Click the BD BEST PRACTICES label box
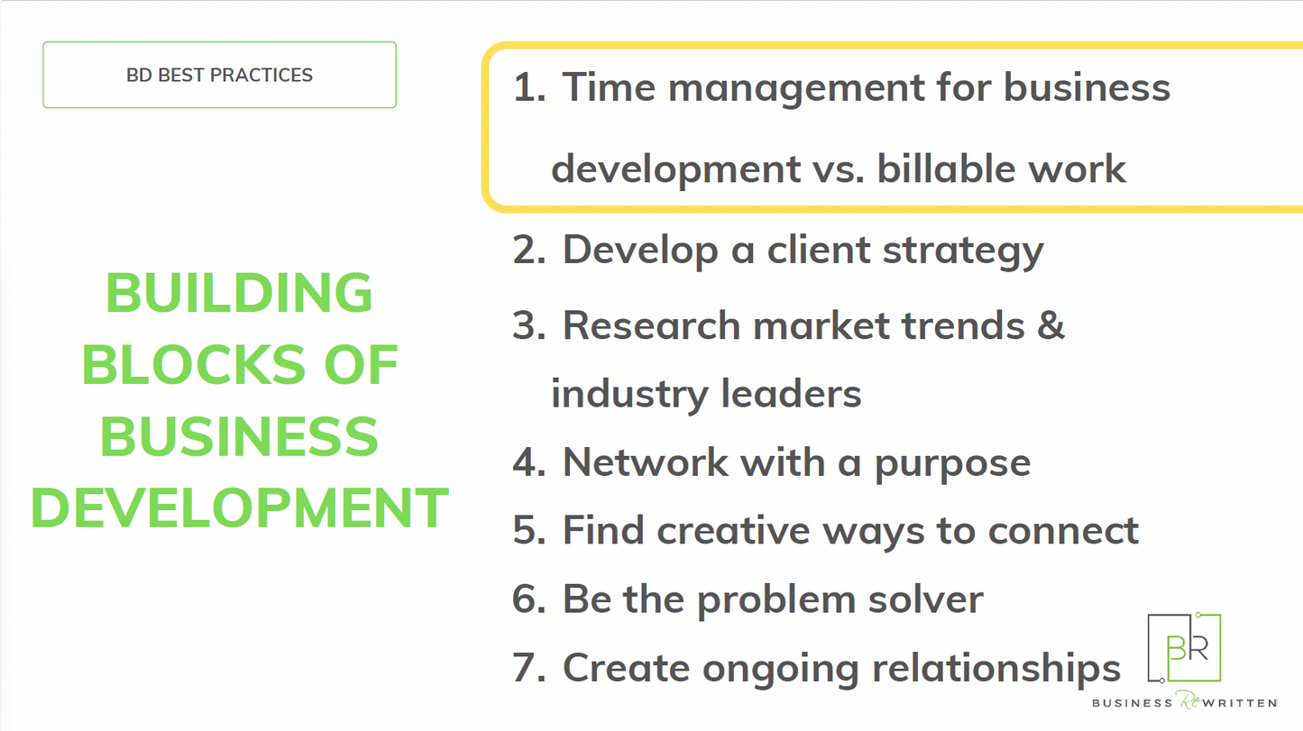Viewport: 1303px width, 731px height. click(219, 75)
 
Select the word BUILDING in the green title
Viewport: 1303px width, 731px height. click(239, 293)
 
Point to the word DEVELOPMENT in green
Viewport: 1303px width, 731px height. click(240, 507)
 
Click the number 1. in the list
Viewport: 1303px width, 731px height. click(529, 88)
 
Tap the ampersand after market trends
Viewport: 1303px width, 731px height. click(1051, 324)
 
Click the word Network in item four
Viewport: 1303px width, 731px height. click(645, 462)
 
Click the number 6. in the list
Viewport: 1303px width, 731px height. click(529, 599)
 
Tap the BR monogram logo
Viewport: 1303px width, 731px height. click(1185, 647)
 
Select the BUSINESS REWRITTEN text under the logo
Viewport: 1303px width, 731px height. click(1184, 702)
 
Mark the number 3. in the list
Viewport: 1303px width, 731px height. click(529, 325)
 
